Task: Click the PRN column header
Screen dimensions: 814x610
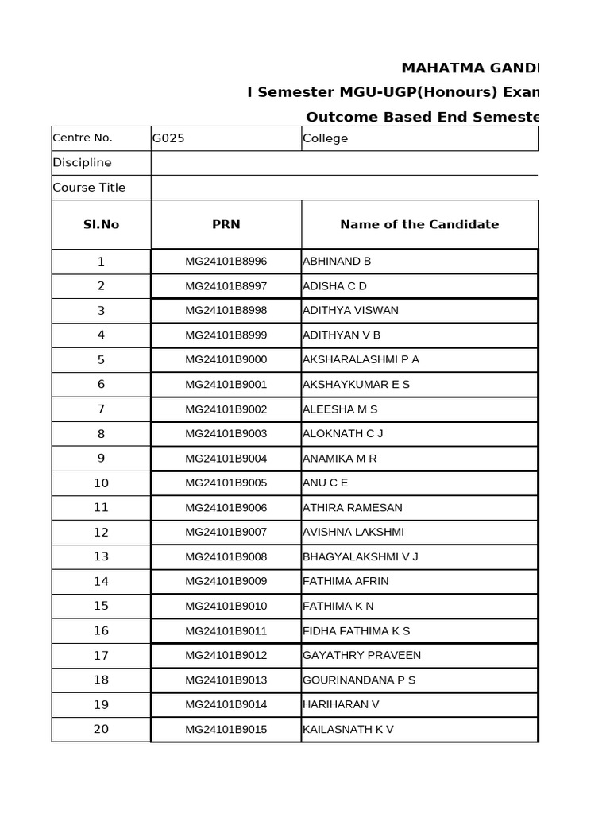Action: coord(226,224)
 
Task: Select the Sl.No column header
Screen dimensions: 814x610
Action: coord(101,224)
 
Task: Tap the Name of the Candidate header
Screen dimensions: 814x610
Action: coord(419,224)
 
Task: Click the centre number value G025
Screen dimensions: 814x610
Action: coord(168,138)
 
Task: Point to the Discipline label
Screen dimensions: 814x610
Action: coord(82,163)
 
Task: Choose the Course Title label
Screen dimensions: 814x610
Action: coord(89,188)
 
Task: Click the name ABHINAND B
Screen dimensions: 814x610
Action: coord(337,261)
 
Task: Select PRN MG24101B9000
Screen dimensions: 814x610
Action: coord(226,359)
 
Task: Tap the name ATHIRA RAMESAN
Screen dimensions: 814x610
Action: coord(352,507)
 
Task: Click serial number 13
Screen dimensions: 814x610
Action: coord(101,556)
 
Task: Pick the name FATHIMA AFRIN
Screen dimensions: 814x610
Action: coord(346,581)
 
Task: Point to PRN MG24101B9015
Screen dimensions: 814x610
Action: coord(226,729)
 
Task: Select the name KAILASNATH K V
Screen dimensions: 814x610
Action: coord(348,729)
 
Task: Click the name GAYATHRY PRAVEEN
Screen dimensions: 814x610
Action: coord(361,655)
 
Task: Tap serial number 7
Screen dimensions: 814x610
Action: coord(101,409)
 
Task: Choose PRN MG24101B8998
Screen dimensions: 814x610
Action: coord(226,310)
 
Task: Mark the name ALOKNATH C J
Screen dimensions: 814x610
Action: coord(342,433)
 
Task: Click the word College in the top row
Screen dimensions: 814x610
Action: coord(325,138)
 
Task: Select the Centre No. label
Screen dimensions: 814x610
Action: coord(83,138)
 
